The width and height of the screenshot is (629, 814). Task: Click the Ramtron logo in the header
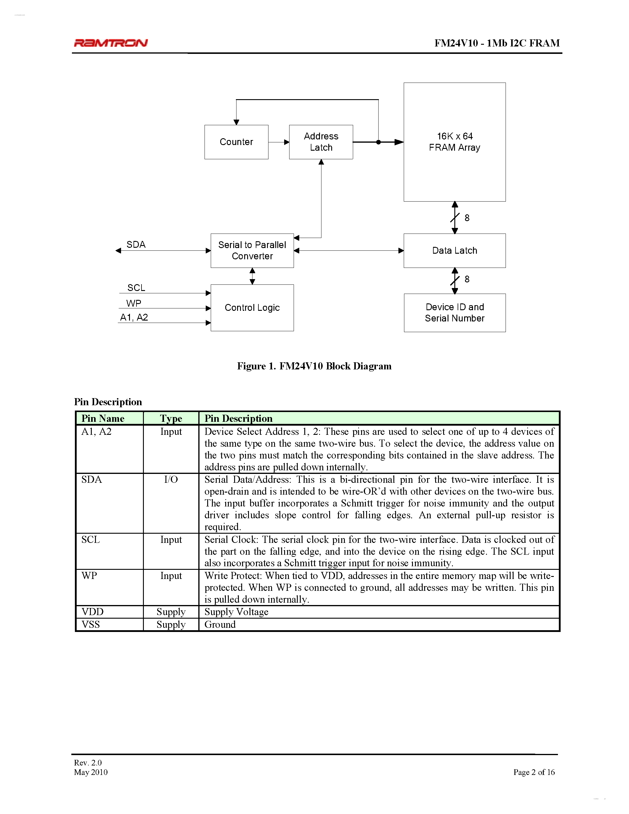[x=111, y=43]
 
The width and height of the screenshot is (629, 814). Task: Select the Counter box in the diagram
[x=236, y=142]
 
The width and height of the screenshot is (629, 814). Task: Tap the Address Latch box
[x=321, y=142]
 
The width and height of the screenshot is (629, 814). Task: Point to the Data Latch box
[x=454, y=250]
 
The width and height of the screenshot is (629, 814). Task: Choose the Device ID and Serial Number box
[x=454, y=313]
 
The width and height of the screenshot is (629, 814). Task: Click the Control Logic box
[x=252, y=308]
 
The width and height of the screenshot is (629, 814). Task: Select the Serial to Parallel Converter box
[x=252, y=250]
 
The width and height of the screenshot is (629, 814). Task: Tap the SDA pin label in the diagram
[x=136, y=244]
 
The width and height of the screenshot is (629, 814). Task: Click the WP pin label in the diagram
[x=133, y=303]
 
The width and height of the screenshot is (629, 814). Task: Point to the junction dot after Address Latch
[x=378, y=142]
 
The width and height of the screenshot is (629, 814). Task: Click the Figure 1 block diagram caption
[x=314, y=366]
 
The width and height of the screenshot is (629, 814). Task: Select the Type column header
[x=171, y=418]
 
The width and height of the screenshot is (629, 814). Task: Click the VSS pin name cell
[x=91, y=624]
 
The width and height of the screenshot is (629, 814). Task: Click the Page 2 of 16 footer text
[x=534, y=772]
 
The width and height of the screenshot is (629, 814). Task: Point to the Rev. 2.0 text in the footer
[x=88, y=762]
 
